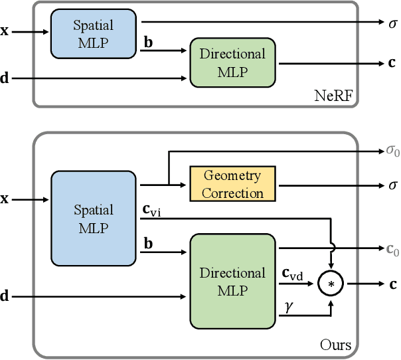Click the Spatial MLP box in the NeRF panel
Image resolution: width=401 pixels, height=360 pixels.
coord(93,34)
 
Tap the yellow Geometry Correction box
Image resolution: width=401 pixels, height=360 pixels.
coord(232,185)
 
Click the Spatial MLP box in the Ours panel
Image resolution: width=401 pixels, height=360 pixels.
coord(93,219)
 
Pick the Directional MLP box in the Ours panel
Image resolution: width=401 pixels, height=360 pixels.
coord(232,281)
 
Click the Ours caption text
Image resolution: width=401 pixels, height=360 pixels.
coord(335,345)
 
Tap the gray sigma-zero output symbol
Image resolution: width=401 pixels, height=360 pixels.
coord(392,151)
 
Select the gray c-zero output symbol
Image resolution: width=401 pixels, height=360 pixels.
coord(392,250)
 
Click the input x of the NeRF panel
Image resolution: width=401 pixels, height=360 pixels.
coord(5,31)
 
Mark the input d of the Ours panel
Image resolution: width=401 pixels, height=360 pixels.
coord(5,296)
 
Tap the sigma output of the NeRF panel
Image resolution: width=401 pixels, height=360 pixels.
coord(393,24)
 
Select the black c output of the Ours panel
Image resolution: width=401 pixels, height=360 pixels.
coord(393,284)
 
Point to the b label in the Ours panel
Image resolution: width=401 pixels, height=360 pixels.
coord(149,244)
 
